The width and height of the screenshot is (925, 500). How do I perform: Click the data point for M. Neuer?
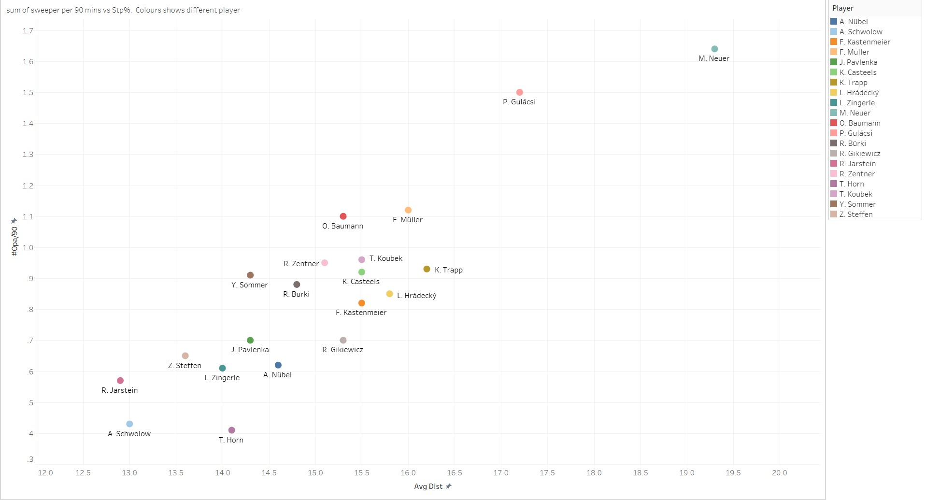(x=714, y=49)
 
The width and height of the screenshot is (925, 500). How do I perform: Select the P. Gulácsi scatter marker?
(x=519, y=92)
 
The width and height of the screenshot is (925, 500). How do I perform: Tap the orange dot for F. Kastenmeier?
(x=361, y=303)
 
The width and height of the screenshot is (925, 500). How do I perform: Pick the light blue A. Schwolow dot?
(x=129, y=424)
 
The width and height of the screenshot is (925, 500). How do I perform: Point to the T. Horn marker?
(x=231, y=430)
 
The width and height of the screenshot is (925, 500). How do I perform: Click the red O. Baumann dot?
(x=343, y=216)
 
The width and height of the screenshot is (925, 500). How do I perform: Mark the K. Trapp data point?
(x=427, y=269)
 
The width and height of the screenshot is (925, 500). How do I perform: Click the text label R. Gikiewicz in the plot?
(x=342, y=350)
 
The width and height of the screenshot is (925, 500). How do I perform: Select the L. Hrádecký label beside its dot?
(x=416, y=296)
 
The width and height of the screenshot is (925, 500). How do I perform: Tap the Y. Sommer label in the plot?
(x=249, y=285)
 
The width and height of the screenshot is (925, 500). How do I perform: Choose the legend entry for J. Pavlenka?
(x=858, y=62)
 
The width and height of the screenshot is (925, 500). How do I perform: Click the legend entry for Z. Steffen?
(x=856, y=214)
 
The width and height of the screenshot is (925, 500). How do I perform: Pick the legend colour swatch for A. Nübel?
(x=834, y=22)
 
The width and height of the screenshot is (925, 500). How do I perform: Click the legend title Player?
(x=843, y=8)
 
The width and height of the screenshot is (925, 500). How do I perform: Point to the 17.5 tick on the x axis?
(x=547, y=472)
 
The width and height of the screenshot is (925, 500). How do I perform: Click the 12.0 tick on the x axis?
(x=45, y=472)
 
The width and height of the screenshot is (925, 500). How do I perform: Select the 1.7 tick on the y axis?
(x=28, y=30)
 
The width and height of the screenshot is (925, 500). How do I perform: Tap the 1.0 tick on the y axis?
(x=28, y=247)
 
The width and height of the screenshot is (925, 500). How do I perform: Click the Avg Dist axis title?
(x=428, y=486)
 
